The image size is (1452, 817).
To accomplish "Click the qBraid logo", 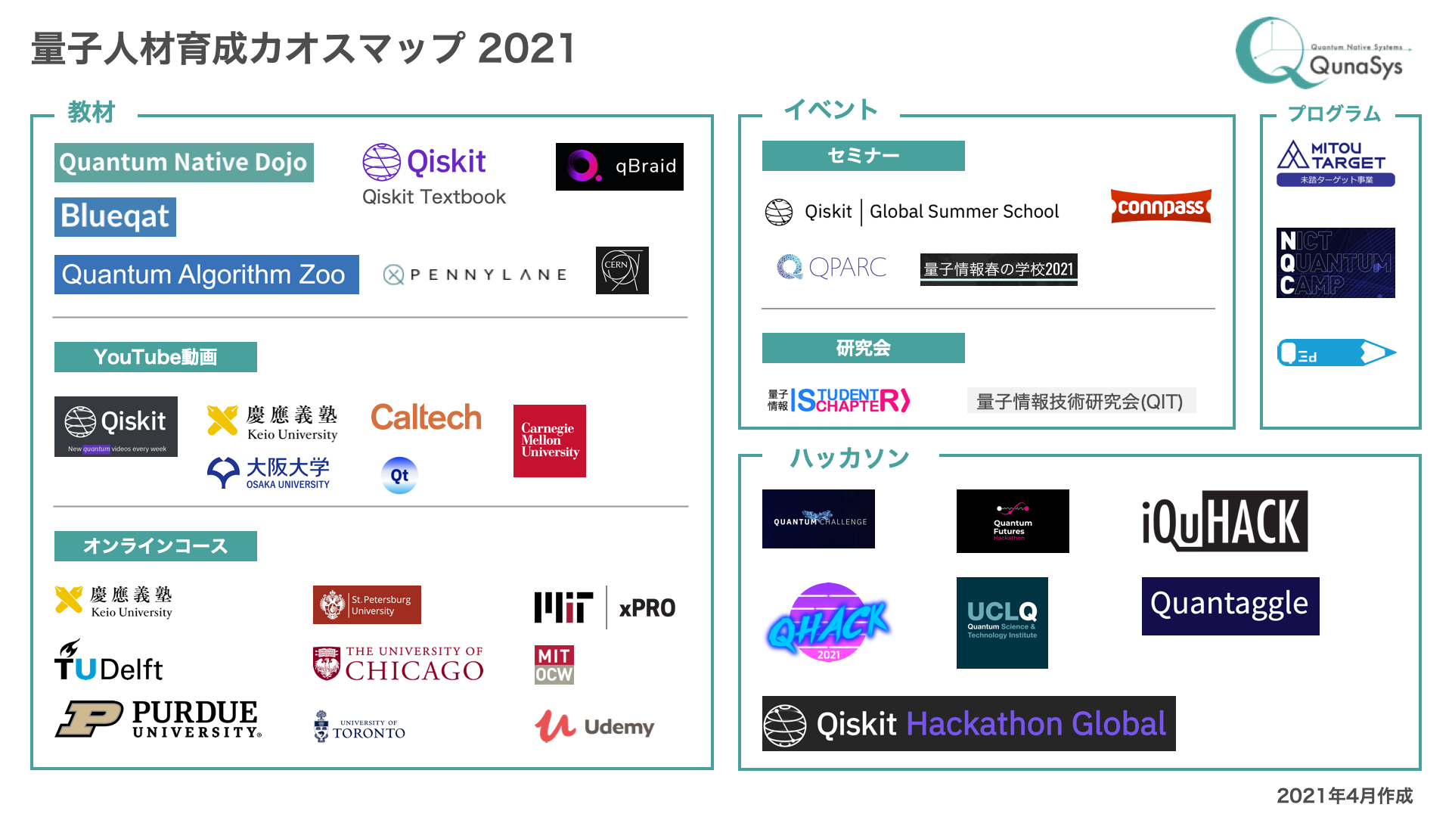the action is click(x=619, y=166).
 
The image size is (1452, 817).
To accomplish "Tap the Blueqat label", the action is click(x=115, y=217).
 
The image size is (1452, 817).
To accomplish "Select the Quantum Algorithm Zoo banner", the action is click(x=206, y=275).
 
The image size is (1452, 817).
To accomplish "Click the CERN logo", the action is click(x=622, y=270).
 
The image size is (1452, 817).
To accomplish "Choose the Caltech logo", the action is click(x=426, y=418).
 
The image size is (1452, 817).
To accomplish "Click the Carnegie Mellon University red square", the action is click(x=550, y=441).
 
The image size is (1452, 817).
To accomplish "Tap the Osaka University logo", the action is click(x=269, y=474).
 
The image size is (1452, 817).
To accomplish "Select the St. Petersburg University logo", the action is click(x=367, y=605).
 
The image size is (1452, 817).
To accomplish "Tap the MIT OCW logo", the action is click(x=554, y=665).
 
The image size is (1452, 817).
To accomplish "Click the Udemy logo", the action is click(x=594, y=726).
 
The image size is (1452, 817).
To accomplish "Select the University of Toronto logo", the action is click(x=360, y=727).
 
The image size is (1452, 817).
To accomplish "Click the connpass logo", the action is click(x=1161, y=207).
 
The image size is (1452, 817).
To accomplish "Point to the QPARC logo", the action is click(x=831, y=267).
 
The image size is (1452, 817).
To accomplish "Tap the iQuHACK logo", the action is click(x=1224, y=521).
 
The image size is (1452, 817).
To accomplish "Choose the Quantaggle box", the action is click(x=1230, y=606).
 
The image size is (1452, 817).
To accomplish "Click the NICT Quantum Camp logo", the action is click(x=1336, y=262).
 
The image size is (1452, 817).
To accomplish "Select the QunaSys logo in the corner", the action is click(x=1323, y=53).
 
